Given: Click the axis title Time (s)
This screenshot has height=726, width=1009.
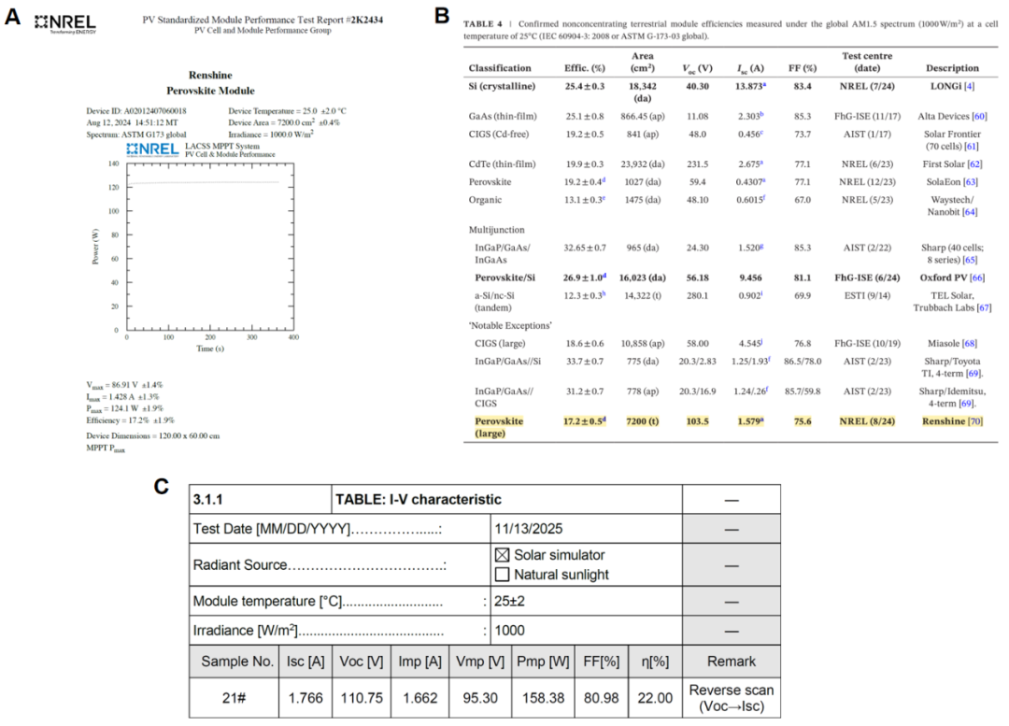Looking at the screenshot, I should pos(209,349).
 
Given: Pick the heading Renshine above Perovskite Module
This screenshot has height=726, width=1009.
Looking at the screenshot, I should pos(210,75).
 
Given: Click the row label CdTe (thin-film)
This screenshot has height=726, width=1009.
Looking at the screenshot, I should pos(502,164).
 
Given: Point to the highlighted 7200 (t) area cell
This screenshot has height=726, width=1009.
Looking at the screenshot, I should pos(642,421).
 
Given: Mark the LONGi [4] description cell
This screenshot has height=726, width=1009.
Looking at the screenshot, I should pos(952,86).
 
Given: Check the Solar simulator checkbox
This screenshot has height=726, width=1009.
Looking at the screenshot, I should pos(502,555).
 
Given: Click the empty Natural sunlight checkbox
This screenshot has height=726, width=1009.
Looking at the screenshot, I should pos(502,575).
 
